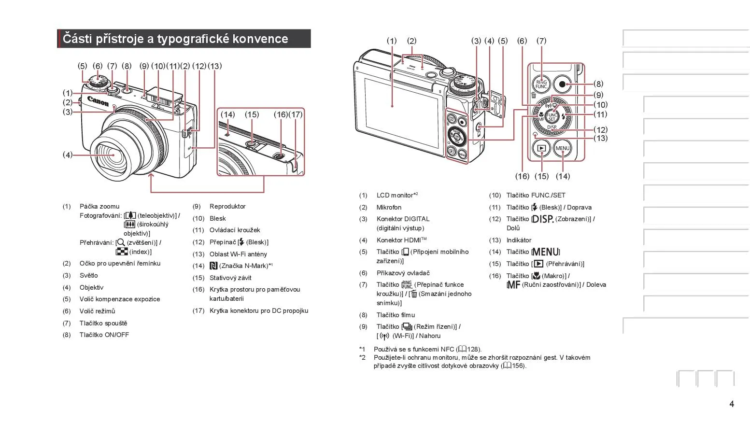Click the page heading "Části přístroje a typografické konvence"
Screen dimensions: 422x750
coord(175,39)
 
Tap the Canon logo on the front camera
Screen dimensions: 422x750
coord(98,101)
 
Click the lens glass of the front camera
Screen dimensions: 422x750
coord(112,156)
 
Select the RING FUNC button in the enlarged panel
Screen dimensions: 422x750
coord(541,84)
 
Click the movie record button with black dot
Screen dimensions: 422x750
coord(562,84)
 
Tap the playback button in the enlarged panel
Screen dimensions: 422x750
coord(542,148)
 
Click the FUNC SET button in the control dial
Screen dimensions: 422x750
coord(552,116)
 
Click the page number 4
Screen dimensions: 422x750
coord(732,404)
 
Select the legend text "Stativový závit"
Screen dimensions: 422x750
coord(230,278)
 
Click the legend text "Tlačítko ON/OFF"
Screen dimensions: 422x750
coord(104,335)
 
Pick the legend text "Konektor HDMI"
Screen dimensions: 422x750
coord(399,240)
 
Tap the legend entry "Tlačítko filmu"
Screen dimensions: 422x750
coord(396,315)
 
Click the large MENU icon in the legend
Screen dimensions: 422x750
coord(546,252)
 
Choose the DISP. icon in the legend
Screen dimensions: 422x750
coord(542,219)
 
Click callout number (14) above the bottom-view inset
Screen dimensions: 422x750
coord(228,114)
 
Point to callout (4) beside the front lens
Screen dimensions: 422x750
coord(67,155)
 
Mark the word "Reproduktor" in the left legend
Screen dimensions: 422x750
coord(227,206)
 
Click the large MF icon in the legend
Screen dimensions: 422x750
coord(514,285)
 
